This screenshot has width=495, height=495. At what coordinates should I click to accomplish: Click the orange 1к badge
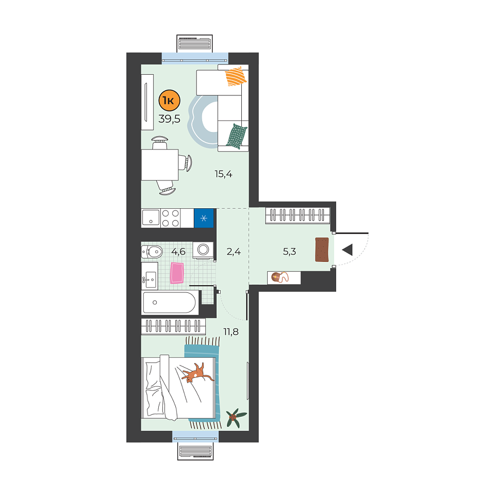coord(169,101)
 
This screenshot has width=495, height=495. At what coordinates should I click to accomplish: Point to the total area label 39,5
coord(169,119)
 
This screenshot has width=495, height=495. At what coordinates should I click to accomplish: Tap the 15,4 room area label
coord(223,174)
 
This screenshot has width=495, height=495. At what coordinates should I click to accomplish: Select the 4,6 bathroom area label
coord(178,252)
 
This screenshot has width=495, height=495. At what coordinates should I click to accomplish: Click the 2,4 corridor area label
coord(234,252)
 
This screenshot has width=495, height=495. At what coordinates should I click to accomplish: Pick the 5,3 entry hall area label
coord(289,252)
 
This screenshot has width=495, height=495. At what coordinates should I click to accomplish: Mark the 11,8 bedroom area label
coord(231,332)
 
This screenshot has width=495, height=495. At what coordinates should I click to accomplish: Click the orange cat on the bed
coord(197,372)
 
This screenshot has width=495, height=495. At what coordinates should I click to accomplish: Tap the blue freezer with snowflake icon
coord(204,218)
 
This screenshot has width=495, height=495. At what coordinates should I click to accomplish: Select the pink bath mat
coord(177,273)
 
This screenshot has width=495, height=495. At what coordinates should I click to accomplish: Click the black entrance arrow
coord(347,250)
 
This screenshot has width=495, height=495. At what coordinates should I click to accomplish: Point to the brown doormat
coord(322,250)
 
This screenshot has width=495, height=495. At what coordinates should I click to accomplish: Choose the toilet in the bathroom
coord(152,252)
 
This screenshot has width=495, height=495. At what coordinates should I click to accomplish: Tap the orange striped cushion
coord(236,76)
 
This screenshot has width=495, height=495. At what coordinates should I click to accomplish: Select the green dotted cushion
coord(237,136)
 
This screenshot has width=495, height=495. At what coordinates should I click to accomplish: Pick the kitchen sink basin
coord(151,218)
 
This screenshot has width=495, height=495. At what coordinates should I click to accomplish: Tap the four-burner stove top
coord(171,218)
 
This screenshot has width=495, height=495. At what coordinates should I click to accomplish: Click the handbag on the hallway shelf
coord(279,277)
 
